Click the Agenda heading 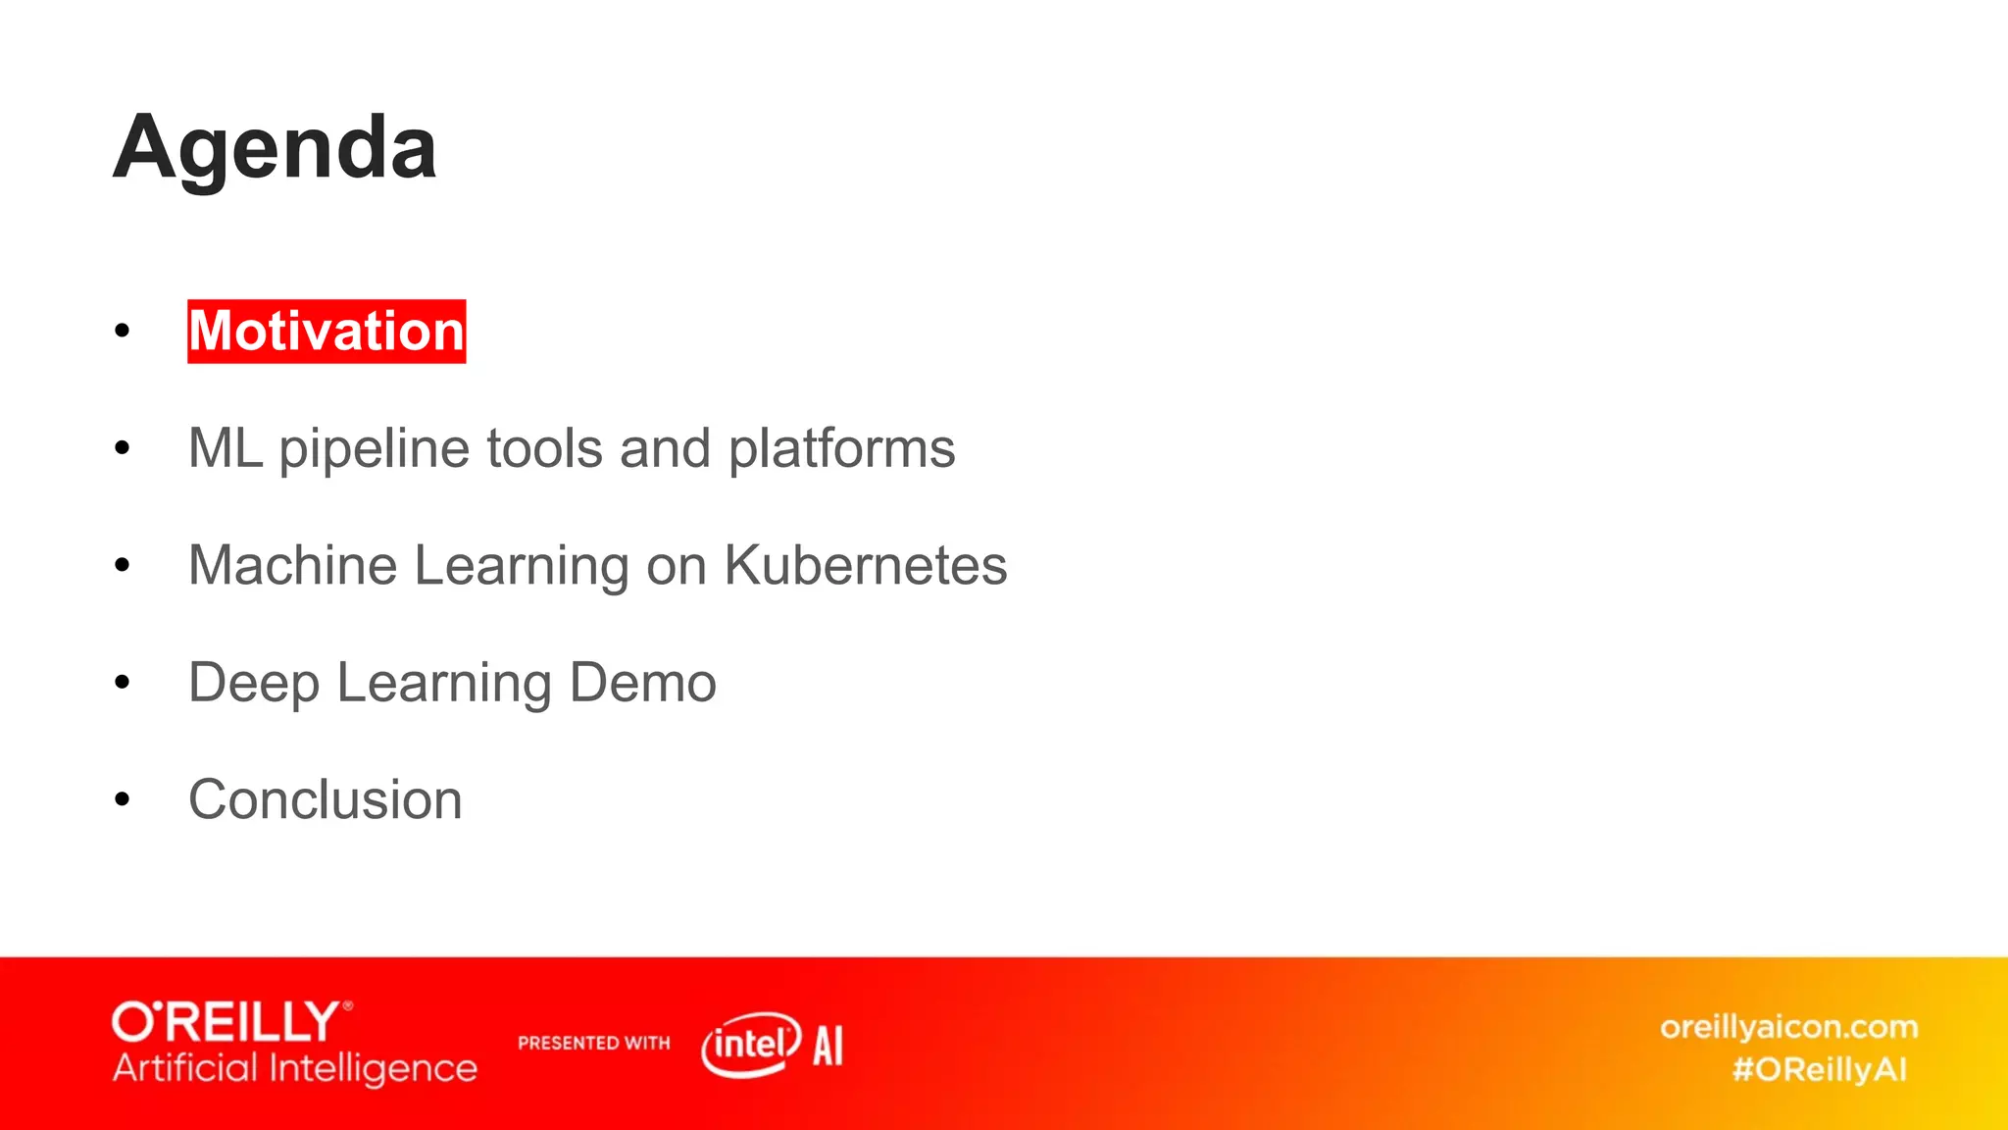[x=275, y=148]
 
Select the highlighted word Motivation [x=326, y=332]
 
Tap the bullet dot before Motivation [x=122, y=332]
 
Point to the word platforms [x=841, y=450]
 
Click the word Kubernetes [x=865, y=566]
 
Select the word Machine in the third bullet [x=292, y=566]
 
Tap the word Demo [x=642, y=683]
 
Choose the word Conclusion [x=325, y=799]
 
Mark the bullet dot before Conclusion [x=122, y=799]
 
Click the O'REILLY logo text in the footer [x=230, y=1022]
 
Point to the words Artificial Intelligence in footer [x=294, y=1068]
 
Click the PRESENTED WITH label [x=593, y=1044]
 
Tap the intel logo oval [x=751, y=1045]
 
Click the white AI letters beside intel [x=828, y=1046]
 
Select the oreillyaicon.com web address [x=1788, y=1027]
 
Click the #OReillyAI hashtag [x=1819, y=1069]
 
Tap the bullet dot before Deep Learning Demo [x=122, y=683]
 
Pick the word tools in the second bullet [x=544, y=448]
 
